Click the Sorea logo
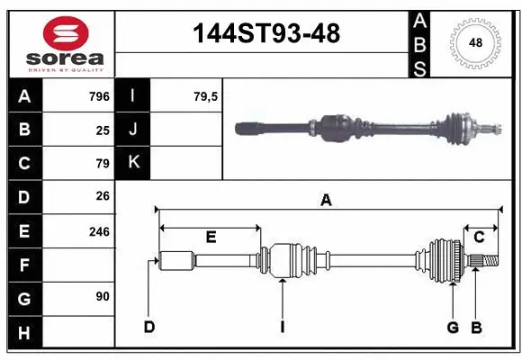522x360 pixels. tap(61, 43)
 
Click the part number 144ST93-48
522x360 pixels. tap(267, 34)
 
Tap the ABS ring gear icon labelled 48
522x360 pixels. tap(474, 43)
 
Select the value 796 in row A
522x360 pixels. tap(99, 96)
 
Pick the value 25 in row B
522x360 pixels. tap(103, 130)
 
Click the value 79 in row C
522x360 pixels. tap(103, 164)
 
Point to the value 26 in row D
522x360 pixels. tap(103, 196)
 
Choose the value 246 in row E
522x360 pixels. tap(99, 231)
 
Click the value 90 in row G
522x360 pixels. tap(103, 296)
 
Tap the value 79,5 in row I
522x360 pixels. tap(206, 96)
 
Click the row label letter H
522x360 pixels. tap(24, 333)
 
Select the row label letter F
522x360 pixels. tap(24, 265)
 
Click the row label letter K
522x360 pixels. tap(133, 163)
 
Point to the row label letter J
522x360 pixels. tap(133, 130)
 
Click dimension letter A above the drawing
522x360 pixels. tap(326, 201)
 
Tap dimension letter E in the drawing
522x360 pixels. tap(211, 238)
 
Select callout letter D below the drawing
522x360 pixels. tap(149, 328)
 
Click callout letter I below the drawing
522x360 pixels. tap(282, 328)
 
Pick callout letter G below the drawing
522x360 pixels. tap(453, 328)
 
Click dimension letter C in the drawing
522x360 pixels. tap(480, 238)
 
